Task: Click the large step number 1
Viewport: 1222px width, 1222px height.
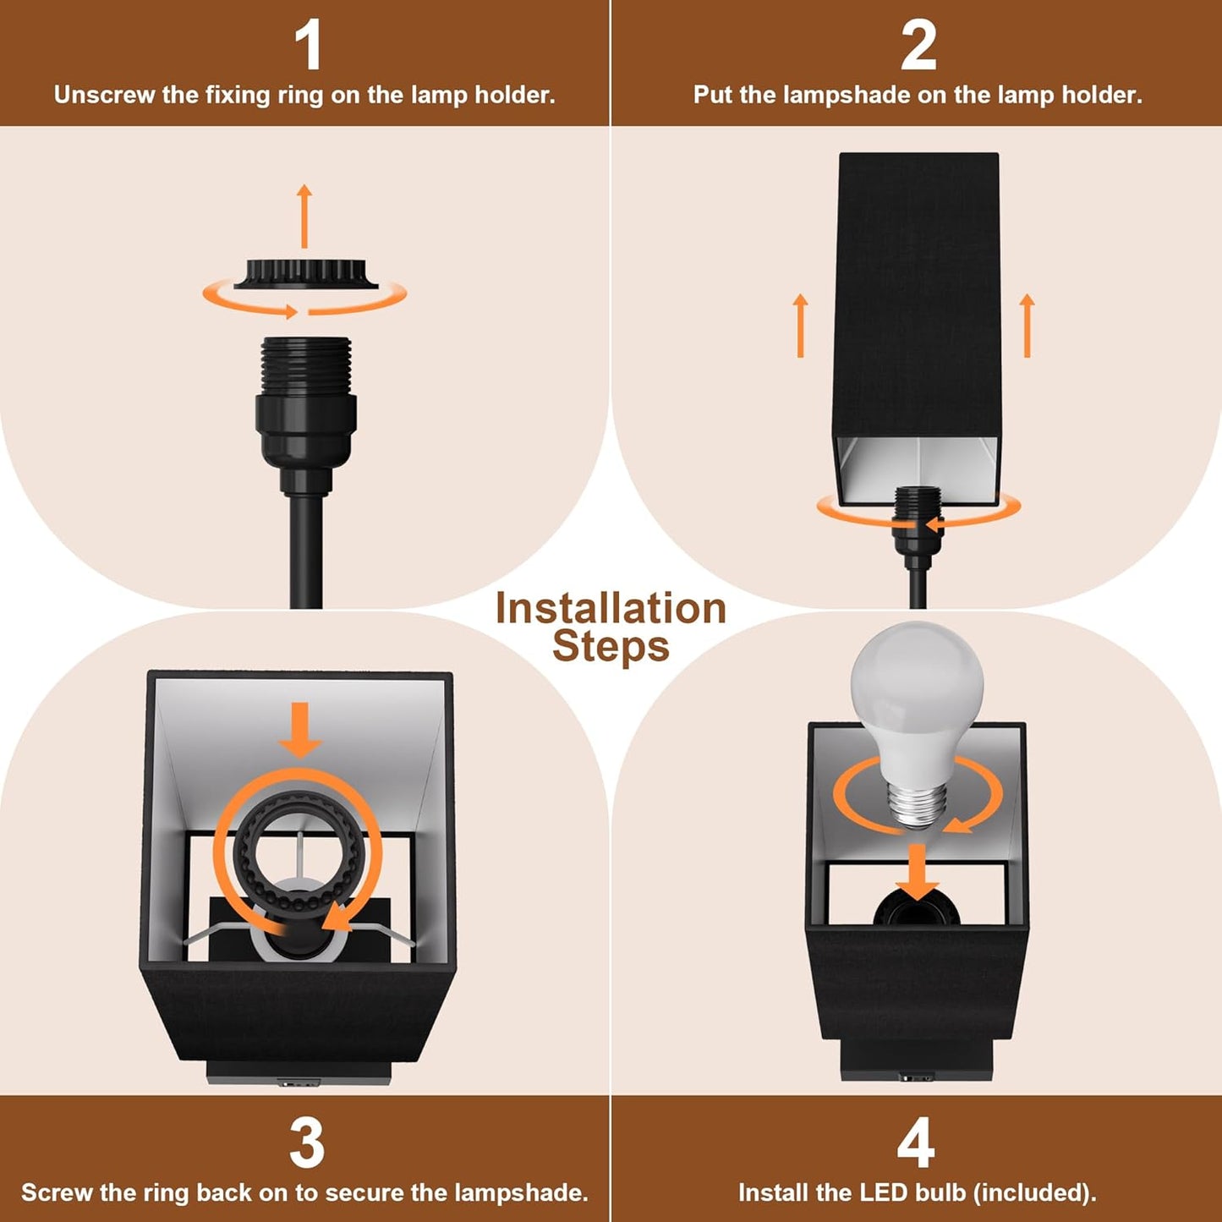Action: pyautogui.click(x=308, y=46)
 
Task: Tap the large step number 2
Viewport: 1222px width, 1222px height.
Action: pyautogui.click(x=918, y=46)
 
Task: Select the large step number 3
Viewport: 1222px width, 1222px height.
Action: pyautogui.click(x=306, y=1143)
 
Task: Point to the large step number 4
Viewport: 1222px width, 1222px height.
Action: pyautogui.click(x=916, y=1143)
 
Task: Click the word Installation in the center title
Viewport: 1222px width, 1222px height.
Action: pyautogui.click(x=611, y=609)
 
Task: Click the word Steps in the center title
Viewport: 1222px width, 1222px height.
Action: pyautogui.click(x=611, y=647)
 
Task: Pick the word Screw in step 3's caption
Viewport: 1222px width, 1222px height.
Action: pyautogui.click(x=55, y=1192)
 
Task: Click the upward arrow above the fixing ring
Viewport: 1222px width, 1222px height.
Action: pyautogui.click(x=304, y=216)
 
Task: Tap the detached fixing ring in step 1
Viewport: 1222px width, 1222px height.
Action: pyautogui.click(x=305, y=274)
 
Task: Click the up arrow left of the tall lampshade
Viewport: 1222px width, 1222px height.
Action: pyautogui.click(x=801, y=326)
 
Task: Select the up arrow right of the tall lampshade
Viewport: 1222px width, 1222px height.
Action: pyautogui.click(x=1027, y=326)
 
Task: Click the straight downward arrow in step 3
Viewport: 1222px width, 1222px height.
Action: pyautogui.click(x=299, y=729)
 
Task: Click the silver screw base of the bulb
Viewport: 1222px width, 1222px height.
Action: pyautogui.click(x=916, y=805)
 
